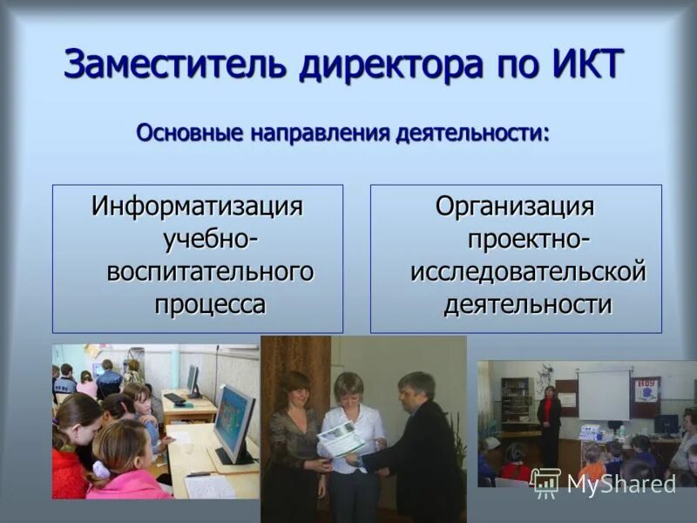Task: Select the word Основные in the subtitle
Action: pyautogui.click(x=189, y=134)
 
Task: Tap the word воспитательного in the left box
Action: pyautogui.click(x=210, y=271)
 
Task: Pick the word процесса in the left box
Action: pyautogui.click(x=210, y=303)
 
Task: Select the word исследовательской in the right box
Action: pyautogui.click(x=528, y=271)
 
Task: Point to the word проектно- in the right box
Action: pyautogui.click(x=528, y=239)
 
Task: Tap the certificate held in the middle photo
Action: pyautogui.click(x=342, y=438)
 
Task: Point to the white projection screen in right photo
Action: pyautogui.click(x=604, y=394)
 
